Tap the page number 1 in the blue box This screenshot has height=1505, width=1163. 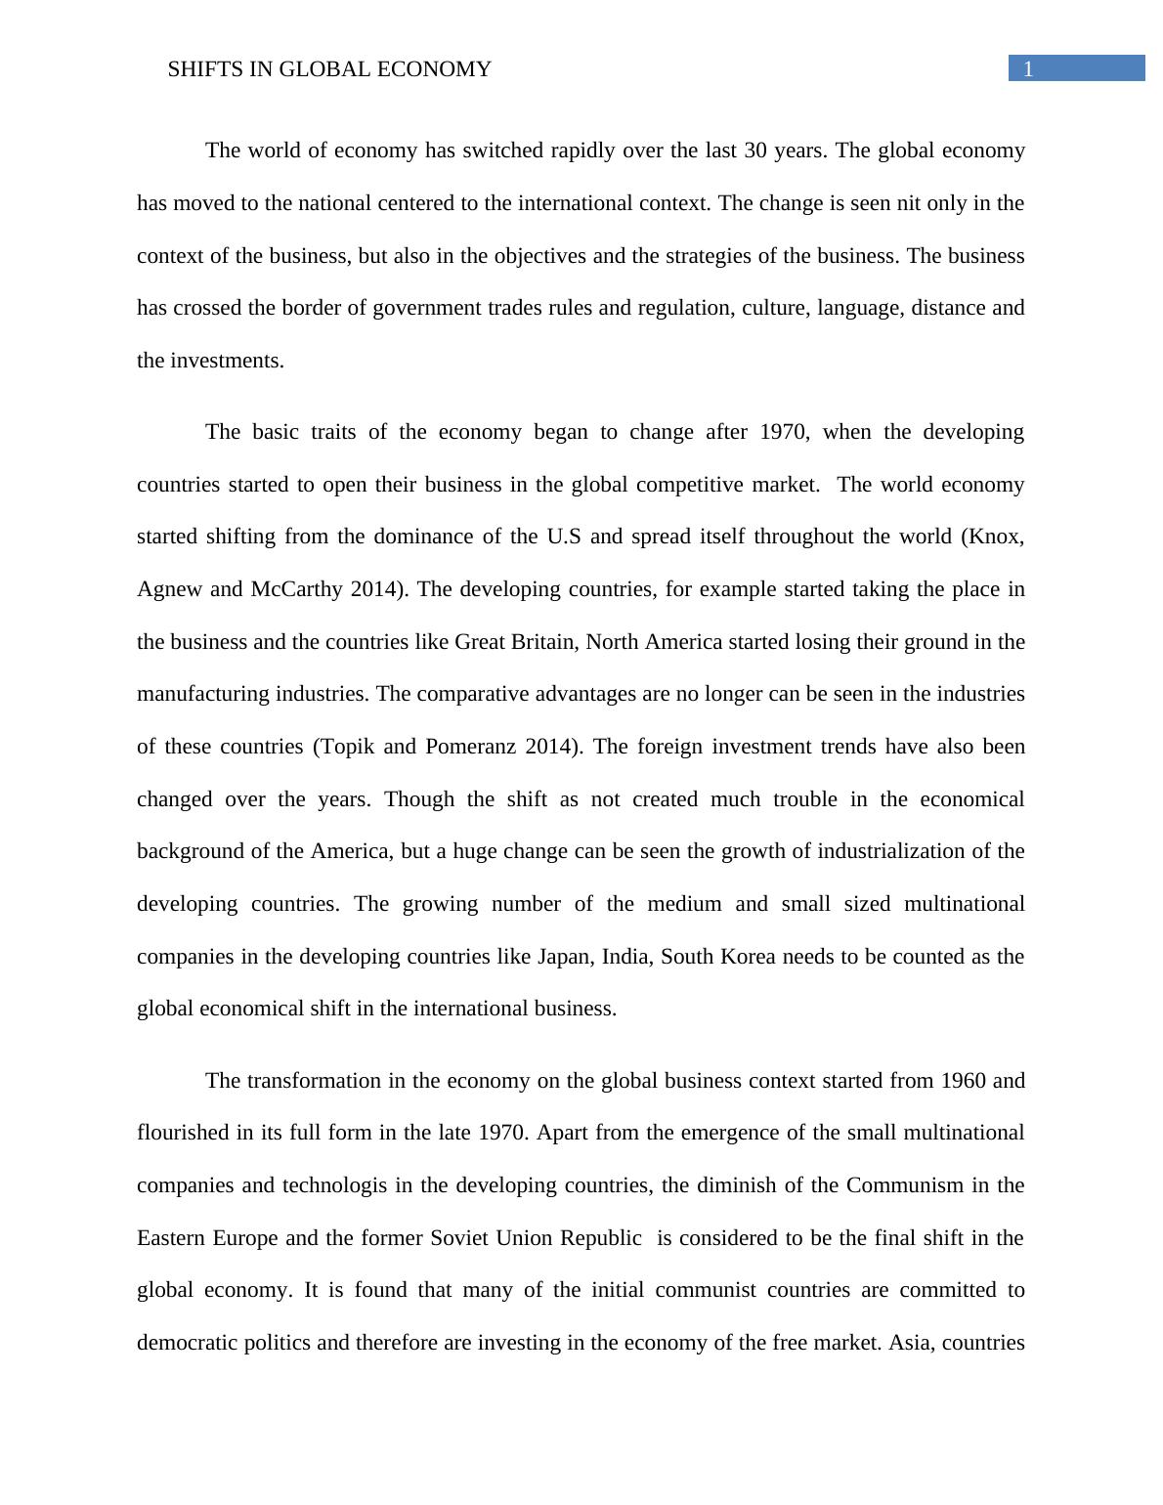click(x=1028, y=69)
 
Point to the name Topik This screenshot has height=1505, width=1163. click(x=348, y=747)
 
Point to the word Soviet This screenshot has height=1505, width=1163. click(x=459, y=1238)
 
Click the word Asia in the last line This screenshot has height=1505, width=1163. click(x=913, y=1343)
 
